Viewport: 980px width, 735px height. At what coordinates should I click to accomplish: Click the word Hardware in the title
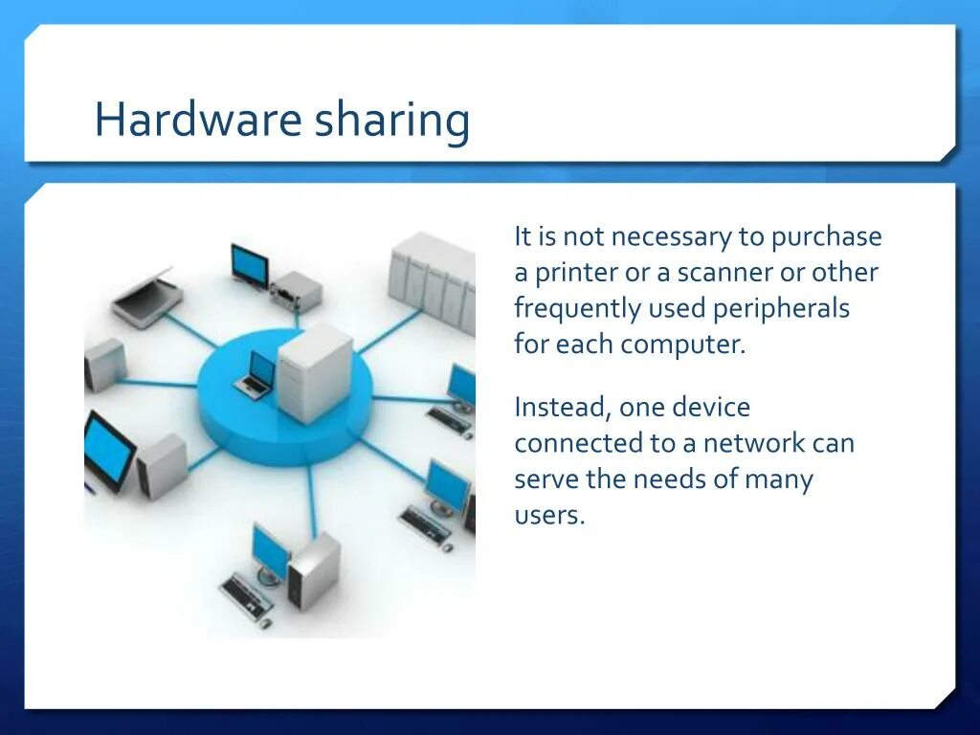coord(196,122)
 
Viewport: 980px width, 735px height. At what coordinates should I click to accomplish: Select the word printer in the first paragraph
coord(576,273)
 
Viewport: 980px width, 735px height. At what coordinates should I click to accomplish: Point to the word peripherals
coord(777,308)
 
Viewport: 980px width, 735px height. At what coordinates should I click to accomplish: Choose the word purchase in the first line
coord(827,237)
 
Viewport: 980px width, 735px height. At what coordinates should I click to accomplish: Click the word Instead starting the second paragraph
coord(560,408)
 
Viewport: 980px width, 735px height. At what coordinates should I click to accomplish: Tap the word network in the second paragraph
coord(754,444)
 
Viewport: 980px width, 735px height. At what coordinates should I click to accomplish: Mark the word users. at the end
coord(549,516)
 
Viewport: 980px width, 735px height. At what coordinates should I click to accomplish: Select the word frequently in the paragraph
coord(578,309)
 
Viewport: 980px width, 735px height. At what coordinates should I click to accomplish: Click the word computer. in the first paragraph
coord(681,345)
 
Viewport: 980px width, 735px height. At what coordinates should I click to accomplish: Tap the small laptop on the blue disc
coord(256,374)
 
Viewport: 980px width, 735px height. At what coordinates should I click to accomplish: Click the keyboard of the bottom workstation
coord(246,595)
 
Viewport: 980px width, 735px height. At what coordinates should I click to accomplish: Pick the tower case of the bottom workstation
coord(314,571)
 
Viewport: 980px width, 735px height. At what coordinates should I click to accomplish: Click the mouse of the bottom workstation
coord(266,623)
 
